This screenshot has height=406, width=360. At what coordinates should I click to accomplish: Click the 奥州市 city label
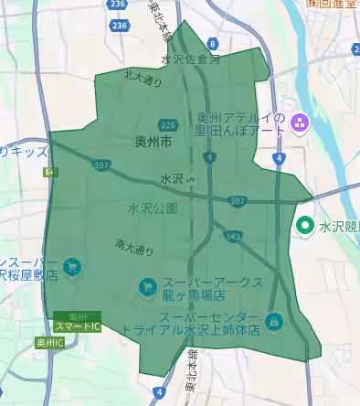coord(154,143)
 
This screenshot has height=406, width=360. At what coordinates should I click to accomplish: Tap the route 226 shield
coord(167,124)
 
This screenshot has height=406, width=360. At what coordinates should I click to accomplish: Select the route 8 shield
coord(213,43)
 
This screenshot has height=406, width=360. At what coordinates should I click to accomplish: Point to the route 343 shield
coord(233,237)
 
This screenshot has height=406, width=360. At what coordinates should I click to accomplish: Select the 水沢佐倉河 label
coord(191,59)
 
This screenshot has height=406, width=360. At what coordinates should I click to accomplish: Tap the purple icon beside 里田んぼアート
coord(298,122)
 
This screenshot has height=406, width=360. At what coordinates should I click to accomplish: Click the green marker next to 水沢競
coord(306,224)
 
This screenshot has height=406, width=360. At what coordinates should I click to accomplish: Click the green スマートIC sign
coord(77,326)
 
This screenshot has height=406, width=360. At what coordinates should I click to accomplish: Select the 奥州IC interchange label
coord(49,343)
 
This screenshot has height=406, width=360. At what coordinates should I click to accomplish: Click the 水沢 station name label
coord(171,178)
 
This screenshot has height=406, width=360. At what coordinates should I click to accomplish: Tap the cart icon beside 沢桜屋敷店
coord(71,269)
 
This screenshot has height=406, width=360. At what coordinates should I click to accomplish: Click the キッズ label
coord(26,152)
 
